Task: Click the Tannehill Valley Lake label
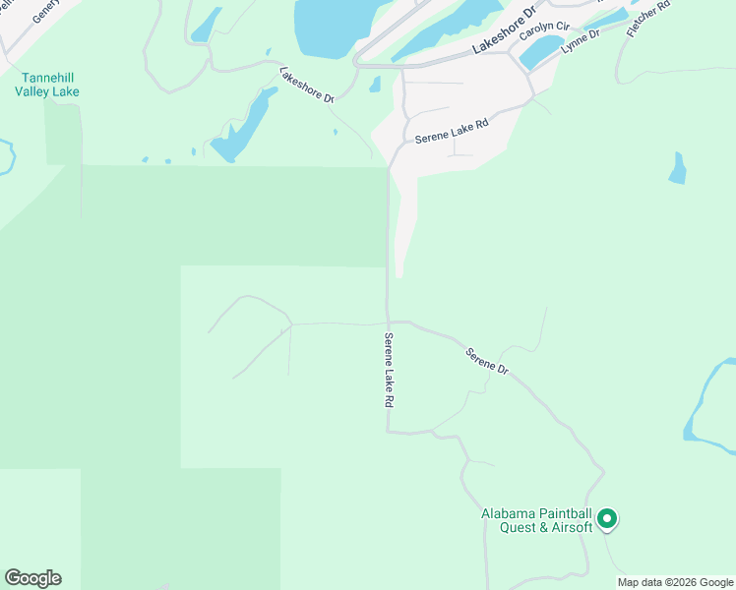46,85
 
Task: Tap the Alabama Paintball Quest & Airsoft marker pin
607,517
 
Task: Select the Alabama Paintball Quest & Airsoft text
536,520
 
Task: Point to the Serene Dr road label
486,362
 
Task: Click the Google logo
32,578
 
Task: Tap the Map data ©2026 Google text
675,582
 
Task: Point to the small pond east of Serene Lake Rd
677,169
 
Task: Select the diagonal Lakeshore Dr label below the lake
307,86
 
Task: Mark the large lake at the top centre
331,25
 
